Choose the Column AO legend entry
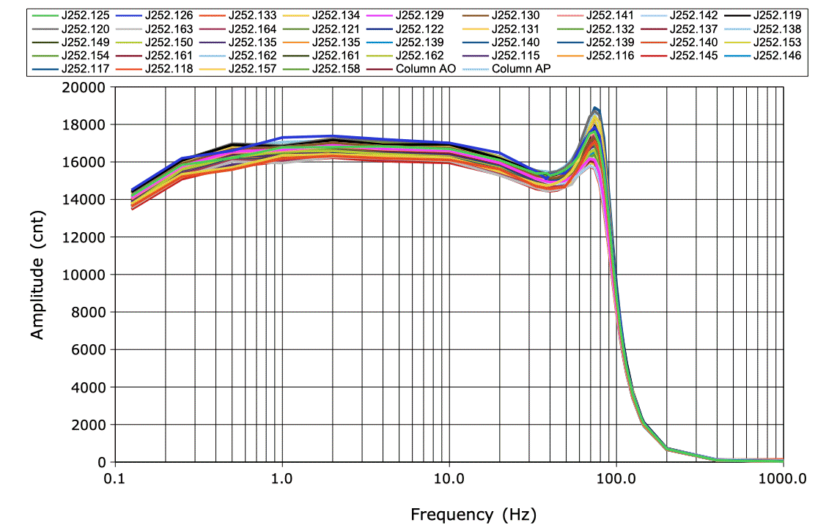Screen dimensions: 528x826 click(x=426, y=70)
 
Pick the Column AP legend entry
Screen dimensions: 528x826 click(x=521, y=70)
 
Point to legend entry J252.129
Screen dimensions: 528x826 click(x=420, y=15)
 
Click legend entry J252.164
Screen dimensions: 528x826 click(x=253, y=29)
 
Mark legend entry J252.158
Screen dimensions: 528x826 click(x=336, y=70)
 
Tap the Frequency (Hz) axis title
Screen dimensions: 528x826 click(x=473, y=514)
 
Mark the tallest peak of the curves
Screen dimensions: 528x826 click(x=596, y=108)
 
